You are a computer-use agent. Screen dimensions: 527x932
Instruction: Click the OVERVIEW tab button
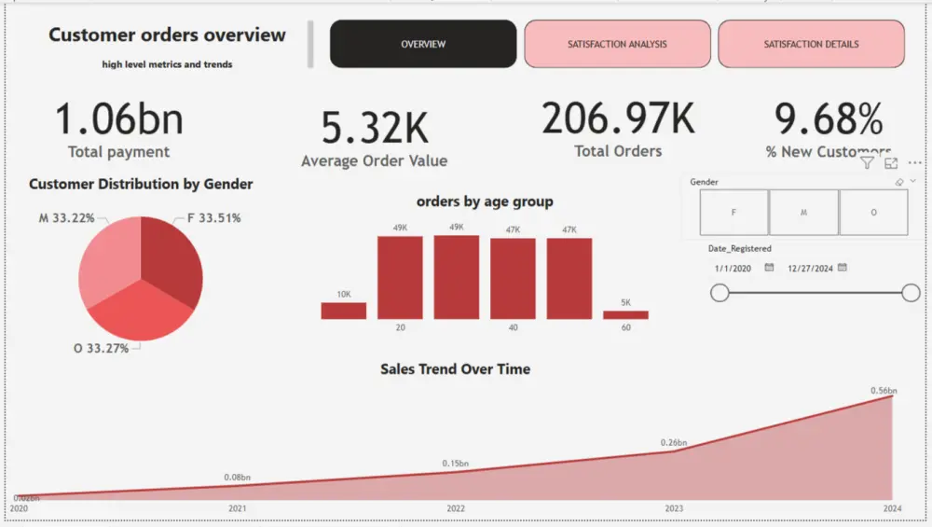tap(423, 44)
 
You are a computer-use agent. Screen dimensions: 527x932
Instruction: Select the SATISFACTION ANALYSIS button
tap(617, 44)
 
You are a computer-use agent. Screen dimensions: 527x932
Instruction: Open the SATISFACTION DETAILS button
tap(811, 44)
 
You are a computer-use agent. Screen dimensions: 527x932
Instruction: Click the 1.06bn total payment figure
tap(118, 120)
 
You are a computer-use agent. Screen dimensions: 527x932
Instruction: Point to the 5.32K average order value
tap(375, 129)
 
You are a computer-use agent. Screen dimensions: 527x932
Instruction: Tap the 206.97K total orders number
tap(618, 118)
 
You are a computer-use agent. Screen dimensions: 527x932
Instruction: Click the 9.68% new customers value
tap(829, 119)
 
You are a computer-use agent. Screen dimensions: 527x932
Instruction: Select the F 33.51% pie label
tap(214, 218)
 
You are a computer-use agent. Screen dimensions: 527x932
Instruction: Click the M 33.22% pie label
tap(66, 218)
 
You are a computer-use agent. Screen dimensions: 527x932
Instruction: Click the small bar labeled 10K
tap(344, 311)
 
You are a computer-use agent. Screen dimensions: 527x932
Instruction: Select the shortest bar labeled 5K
tap(625, 314)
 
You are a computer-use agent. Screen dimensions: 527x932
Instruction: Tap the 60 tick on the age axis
tap(625, 327)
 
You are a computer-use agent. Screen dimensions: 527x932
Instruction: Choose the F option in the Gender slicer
tap(733, 213)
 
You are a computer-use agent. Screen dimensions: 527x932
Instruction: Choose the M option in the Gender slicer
tap(803, 213)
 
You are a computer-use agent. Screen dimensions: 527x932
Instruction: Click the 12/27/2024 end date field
tap(810, 268)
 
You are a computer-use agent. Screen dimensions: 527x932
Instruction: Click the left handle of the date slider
tap(720, 293)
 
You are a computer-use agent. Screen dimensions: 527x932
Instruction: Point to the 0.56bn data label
tap(883, 390)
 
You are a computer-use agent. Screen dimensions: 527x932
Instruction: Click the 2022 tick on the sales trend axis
tap(456, 508)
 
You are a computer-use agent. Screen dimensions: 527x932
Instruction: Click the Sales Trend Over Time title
tap(455, 369)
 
